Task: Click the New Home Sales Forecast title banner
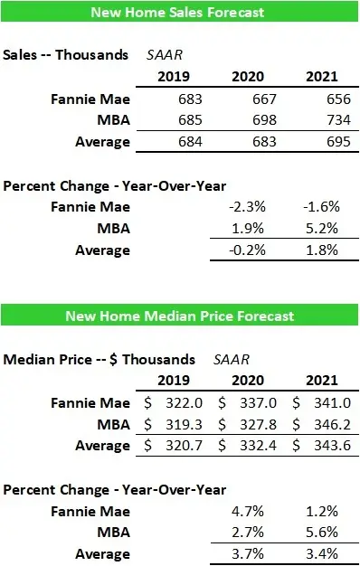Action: pos(179,12)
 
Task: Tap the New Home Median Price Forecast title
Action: pos(179,316)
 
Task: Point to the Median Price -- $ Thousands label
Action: pos(99,358)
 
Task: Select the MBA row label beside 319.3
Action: pos(114,424)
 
